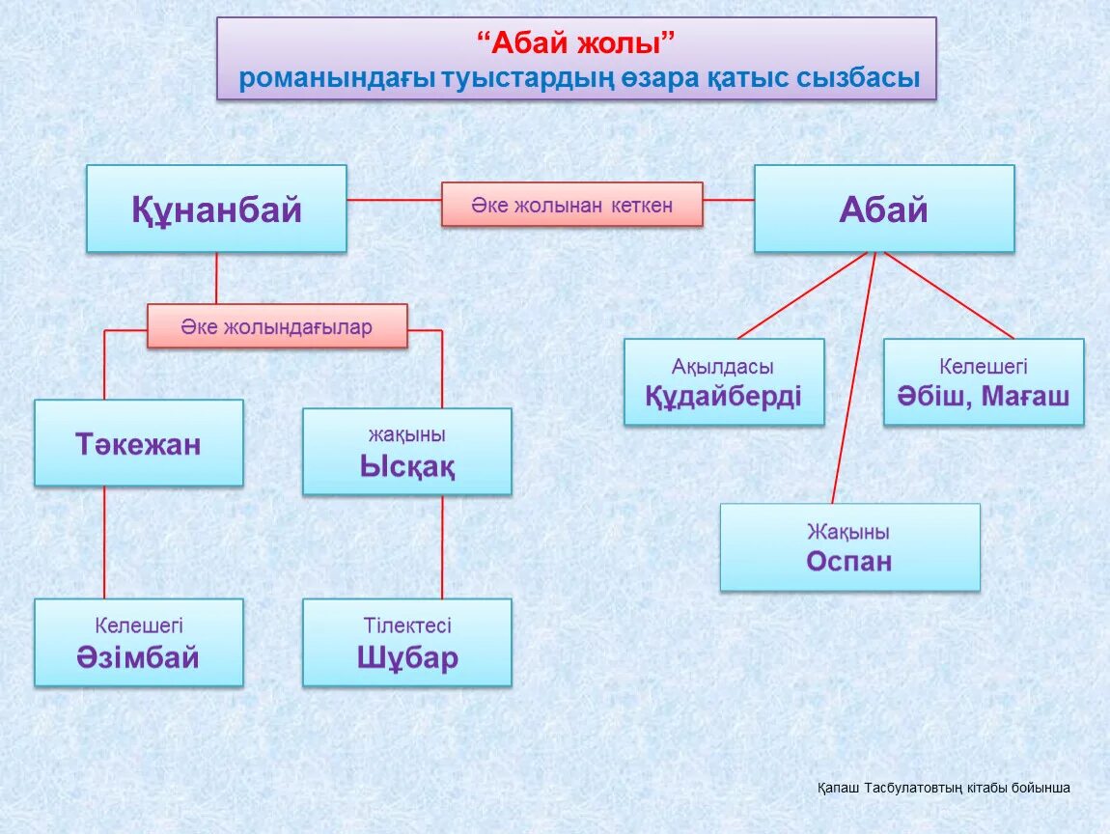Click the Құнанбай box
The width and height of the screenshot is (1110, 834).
click(x=216, y=208)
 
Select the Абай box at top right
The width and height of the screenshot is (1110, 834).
click(x=883, y=208)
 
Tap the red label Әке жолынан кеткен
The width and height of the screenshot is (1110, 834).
click(x=571, y=205)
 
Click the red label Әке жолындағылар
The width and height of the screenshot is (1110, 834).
click(x=276, y=327)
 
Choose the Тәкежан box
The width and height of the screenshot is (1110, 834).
click(x=138, y=444)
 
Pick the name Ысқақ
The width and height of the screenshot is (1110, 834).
click(x=406, y=467)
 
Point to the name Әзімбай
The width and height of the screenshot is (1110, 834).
click(x=138, y=657)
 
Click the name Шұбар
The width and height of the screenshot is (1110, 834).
click(x=406, y=657)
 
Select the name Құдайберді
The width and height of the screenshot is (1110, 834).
click(x=723, y=397)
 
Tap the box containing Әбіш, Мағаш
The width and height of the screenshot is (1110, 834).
click(x=983, y=382)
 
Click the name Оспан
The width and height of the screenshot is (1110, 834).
click(x=849, y=562)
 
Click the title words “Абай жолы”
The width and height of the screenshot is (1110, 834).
click(x=575, y=43)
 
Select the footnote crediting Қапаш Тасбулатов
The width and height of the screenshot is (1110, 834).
click(x=943, y=788)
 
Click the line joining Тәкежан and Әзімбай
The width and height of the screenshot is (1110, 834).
click(x=104, y=542)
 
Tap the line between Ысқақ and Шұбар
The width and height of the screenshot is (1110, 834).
click(x=442, y=546)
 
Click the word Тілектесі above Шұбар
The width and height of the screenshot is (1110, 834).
click(x=406, y=625)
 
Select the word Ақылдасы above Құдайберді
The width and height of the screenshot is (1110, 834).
click(x=723, y=367)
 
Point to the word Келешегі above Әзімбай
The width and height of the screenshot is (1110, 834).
click(x=138, y=625)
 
